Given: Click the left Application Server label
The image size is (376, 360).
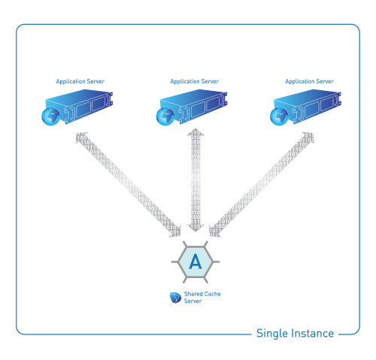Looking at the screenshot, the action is [x=80, y=81].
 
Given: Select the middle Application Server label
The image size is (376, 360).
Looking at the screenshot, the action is [x=195, y=81].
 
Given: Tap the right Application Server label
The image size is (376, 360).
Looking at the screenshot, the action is [x=309, y=81].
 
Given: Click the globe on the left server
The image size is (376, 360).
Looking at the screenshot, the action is [x=50, y=116].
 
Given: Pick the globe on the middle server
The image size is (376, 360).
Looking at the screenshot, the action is [x=165, y=116].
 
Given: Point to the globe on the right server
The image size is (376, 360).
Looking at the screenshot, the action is [x=279, y=116].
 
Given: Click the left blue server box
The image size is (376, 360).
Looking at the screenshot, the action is [x=79, y=106].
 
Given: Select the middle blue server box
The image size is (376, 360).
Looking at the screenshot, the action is [x=193, y=106].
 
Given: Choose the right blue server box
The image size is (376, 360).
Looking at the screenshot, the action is [x=308, y=106].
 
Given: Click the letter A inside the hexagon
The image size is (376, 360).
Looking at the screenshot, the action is [x=196, y=262].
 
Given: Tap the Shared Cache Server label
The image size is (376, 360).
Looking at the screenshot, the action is [x=202, y=298].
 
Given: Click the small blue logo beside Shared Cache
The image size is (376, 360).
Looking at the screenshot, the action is [x=175, y=298].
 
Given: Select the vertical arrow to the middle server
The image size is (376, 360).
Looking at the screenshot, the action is [x=196, y=180].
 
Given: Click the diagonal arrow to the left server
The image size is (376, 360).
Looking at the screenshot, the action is [x=128, y=185].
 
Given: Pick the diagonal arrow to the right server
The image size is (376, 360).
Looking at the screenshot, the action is [x=262, y=185].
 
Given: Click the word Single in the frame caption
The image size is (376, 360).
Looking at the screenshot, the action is [x=272, y=334].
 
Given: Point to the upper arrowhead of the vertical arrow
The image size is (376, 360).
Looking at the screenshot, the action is [x=196, y=132].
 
